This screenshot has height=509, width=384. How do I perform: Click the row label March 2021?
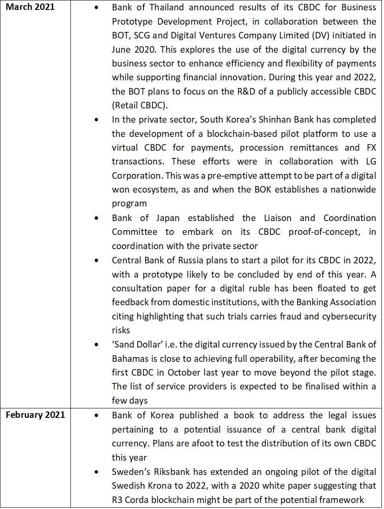30,7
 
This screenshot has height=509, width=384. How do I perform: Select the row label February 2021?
35,415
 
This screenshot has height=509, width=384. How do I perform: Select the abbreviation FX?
370,147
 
